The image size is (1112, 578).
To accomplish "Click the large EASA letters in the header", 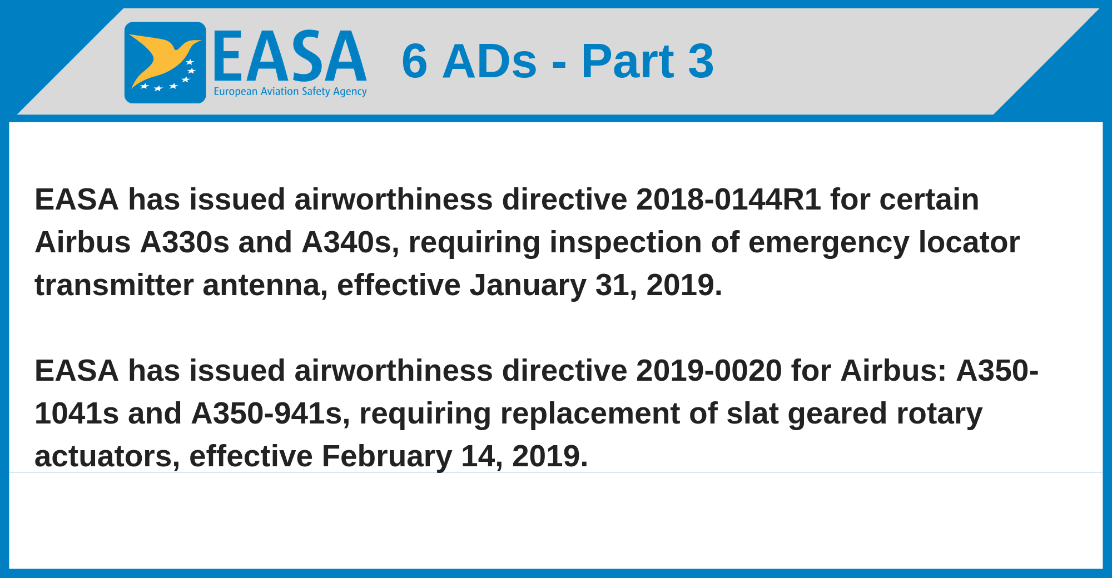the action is [x=290, y=56].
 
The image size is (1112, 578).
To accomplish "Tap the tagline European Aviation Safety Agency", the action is [x=290, y=92].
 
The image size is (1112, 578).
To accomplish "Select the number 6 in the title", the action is [x=415, y=61].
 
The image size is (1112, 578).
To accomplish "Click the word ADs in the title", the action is [x=490, y=61].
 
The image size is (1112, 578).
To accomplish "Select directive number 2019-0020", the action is [x=709, y=370].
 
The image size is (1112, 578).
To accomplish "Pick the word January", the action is [x=528, y=286].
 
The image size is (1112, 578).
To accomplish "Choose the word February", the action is [x=387, y=457].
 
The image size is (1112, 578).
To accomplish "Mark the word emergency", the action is [x=829, y=243].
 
